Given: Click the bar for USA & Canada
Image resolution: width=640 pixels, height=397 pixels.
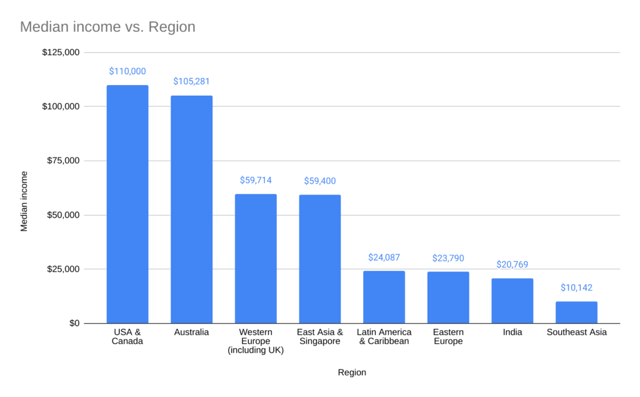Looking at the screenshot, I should tap(127, 204).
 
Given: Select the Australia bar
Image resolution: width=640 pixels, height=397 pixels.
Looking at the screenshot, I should tap(192, 209).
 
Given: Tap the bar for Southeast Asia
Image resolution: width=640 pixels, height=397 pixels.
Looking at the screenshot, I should tap(576, 312).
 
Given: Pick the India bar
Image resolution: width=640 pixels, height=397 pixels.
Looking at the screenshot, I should tap(512, 301).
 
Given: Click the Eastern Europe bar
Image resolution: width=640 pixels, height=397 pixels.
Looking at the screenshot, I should tap(448, 297).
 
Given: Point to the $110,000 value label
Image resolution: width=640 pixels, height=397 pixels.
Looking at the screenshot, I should tap(127, 71).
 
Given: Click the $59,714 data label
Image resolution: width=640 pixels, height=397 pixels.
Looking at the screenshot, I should tap(256, 180).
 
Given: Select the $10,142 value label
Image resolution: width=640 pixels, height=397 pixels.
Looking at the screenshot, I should tap(576, 288).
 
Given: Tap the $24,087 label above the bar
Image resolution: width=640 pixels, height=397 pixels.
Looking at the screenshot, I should tap(384, 257).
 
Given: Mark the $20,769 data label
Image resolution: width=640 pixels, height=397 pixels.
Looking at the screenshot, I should tap(512, 264).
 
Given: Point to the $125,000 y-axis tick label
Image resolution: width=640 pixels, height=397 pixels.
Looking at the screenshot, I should tap(61, 52).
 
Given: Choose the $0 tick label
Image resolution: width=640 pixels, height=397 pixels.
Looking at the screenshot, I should tap(74, 323).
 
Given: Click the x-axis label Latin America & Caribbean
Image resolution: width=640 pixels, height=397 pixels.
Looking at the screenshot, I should tap(384, 336).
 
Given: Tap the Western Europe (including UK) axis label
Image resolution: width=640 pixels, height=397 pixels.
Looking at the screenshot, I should tap(256, 341).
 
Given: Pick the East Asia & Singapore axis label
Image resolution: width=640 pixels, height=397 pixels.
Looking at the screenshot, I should tap(320, 336).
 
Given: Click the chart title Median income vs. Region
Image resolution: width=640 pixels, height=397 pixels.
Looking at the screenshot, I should tap(107, 27).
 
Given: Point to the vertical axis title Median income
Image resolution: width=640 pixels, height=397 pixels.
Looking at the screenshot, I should tap(24, 201).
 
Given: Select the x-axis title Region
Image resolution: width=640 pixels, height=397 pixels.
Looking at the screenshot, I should tap(352, 373).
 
